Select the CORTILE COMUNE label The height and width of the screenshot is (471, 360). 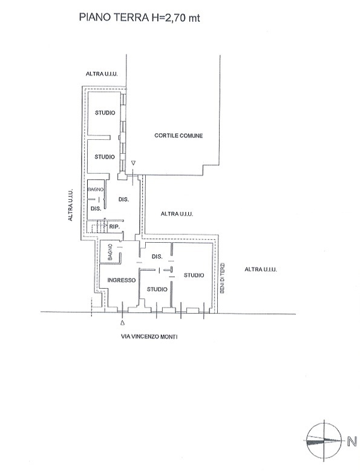[178, 136]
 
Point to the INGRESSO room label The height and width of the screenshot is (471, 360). [122, 280]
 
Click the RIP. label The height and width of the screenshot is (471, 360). [114, 227]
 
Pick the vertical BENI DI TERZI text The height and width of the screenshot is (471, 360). [222, 278]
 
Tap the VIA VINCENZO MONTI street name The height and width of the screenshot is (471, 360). [149, 337]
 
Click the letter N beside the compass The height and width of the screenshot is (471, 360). [352, 441]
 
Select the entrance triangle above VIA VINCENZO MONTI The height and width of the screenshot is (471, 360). [122, 323]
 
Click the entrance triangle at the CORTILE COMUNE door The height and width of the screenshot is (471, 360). [134, 163]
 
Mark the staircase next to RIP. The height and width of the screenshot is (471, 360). [97, 228]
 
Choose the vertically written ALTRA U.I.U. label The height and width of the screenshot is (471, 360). [70, 205]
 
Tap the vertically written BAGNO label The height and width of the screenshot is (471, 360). [110, 252]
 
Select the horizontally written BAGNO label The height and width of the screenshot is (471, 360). [96, 189]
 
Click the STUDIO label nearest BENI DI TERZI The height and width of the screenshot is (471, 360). [194, 275]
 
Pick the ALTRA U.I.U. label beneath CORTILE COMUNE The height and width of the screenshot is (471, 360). [177, 214]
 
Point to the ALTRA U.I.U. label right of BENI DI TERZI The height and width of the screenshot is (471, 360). [261, 269]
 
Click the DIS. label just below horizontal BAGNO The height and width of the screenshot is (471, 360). [96, 208]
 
